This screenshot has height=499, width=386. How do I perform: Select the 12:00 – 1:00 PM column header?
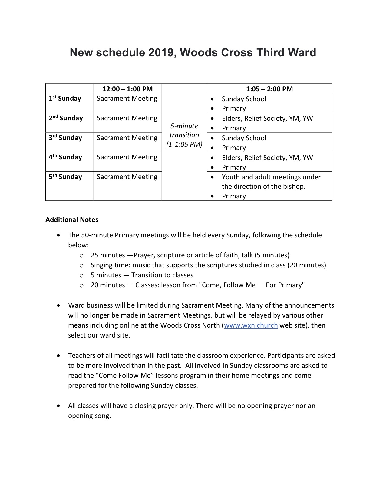click(x=127, y=89)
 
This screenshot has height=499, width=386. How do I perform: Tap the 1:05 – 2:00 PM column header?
click(x=269, y=89)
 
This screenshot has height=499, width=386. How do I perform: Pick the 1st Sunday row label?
click(x=65, y=99)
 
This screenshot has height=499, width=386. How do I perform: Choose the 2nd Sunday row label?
click(x=66, y=118)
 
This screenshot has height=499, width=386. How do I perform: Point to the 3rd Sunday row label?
click(x=65, y=138)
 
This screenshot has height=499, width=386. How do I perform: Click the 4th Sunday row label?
click(x=65, y=157)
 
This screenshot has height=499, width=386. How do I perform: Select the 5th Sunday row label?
click(x=65, y=177)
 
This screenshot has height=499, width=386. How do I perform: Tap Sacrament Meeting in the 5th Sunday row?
click(x=127, y=177)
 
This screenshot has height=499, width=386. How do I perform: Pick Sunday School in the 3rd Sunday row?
click(x=244, y=138)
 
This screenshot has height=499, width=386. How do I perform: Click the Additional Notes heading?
click(x=72, y=220)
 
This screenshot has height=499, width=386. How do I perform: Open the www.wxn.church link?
click(x=251, y=325)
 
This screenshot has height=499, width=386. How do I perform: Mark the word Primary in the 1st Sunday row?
click(x=234, y=109)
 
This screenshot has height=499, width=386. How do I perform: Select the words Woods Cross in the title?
click(x=216, y=53)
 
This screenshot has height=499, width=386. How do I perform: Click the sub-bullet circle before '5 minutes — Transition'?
click(x=81, y=276)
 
